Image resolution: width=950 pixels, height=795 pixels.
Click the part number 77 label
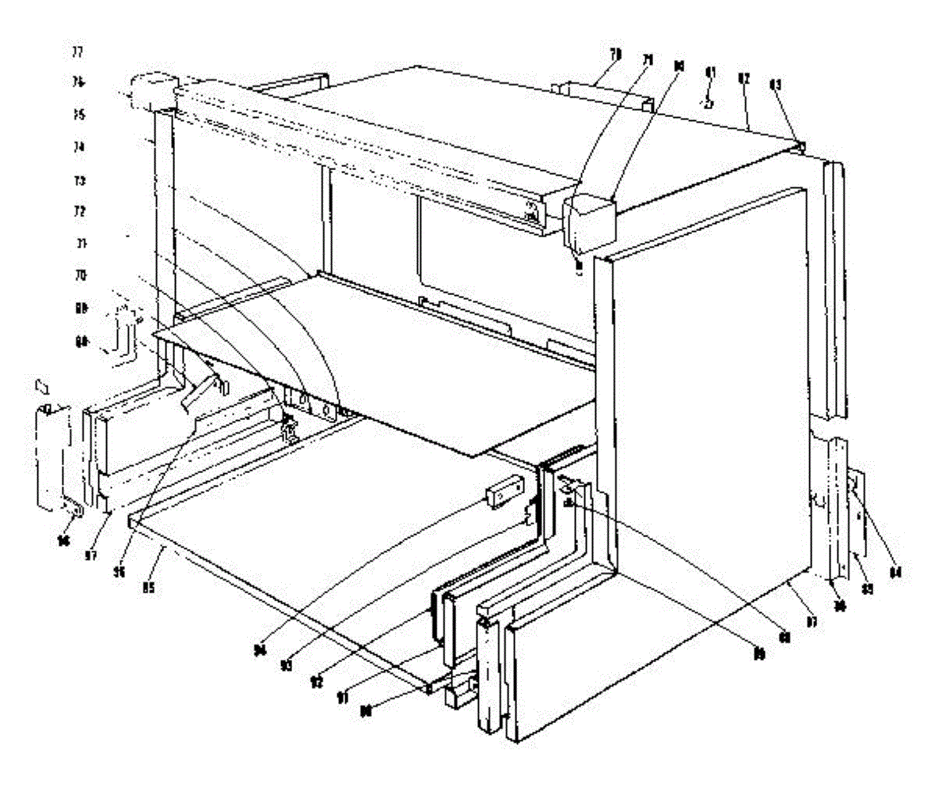pyautogui.click(x=77, y=52)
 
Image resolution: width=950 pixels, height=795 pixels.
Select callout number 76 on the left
pyautogui.click(x=77, y=82)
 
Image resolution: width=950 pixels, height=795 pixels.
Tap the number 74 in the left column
pyautogui.click(x=77, y=147)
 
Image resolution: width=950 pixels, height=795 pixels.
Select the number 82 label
pyautogui.click(x=743, y=79)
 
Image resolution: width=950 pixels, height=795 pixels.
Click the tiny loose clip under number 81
pyautogui.click(x=709, y=102)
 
